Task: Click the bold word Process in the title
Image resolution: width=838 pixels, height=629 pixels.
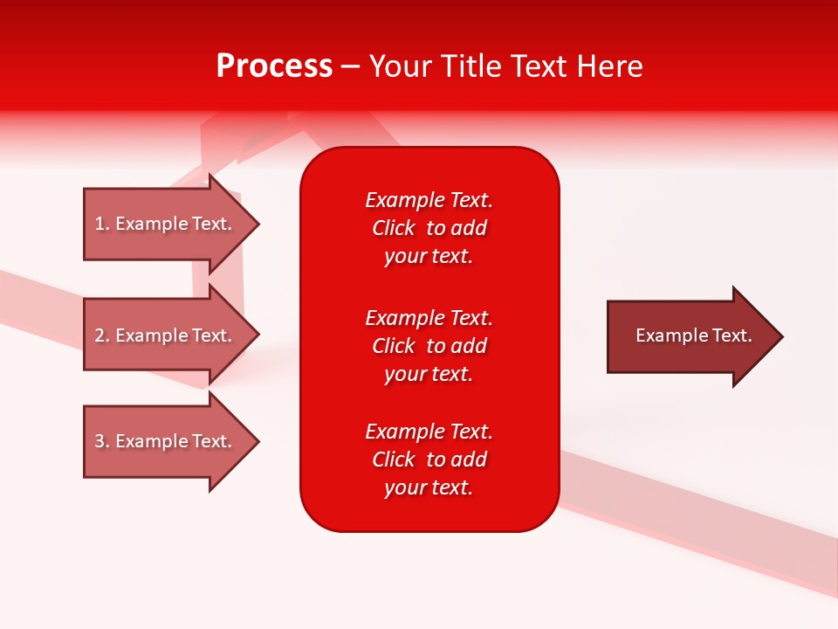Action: [274, 66]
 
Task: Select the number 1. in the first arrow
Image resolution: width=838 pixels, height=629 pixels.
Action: [101, 224]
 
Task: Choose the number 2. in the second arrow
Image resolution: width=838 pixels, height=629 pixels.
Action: [101, 335]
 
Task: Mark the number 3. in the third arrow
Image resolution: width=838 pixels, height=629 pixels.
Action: [101, 441]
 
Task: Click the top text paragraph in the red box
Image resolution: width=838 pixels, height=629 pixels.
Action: [429, 228]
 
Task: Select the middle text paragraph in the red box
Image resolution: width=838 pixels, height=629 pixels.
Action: [429, 346]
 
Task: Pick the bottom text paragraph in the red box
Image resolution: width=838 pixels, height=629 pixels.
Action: [429, 460]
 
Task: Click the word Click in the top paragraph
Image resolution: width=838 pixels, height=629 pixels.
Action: [394, 228]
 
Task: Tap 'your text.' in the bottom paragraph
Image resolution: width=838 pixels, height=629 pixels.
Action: [429, 487]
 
